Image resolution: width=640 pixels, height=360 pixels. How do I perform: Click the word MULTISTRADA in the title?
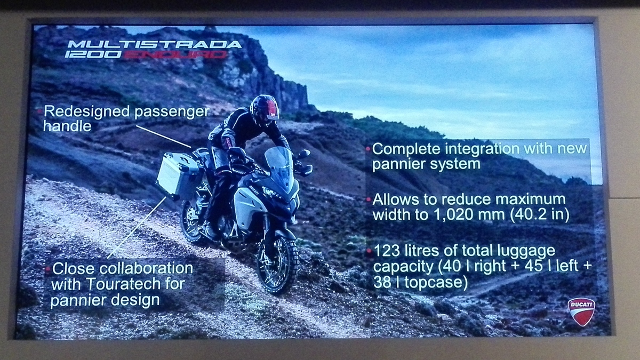point(155,44)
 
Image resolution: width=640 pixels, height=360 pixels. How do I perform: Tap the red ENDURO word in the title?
point(175,54)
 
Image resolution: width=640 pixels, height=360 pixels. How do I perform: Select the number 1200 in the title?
point(93,54)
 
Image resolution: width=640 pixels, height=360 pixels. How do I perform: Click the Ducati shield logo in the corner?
point(581,312)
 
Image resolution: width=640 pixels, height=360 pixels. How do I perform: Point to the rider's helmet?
point(265,110)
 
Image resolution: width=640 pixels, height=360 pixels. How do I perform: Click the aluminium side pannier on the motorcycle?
point(178,175)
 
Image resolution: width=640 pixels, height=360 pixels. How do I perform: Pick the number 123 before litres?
point(386,251)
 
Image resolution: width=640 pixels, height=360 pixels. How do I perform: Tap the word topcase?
point(436,282)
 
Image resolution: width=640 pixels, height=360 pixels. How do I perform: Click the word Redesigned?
point(87,111)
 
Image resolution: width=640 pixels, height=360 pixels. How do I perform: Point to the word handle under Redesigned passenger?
point(67,126)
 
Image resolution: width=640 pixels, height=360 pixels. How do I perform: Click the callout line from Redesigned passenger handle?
point(163,137)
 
